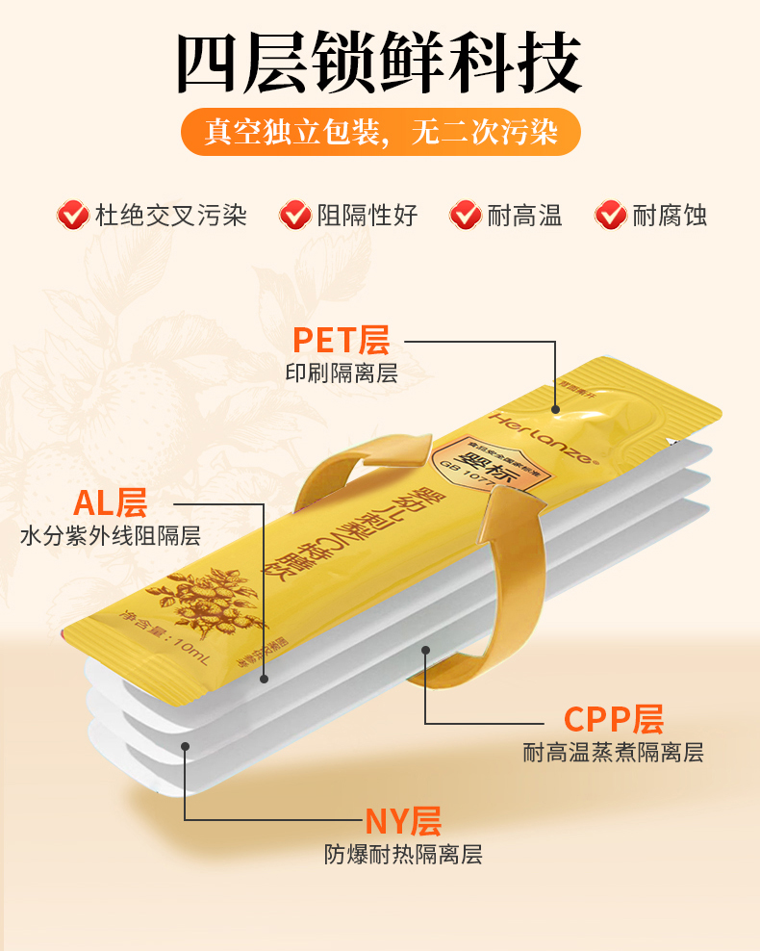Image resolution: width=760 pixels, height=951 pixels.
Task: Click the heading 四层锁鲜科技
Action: tap(380, 64)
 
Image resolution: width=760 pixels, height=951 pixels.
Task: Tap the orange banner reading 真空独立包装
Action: tap(380, 132)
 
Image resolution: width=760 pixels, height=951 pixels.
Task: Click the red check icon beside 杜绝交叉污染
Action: tap(72, 214)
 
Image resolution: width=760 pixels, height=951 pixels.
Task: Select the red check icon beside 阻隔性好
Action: tap(295, 214)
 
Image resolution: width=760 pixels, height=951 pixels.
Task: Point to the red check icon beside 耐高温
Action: tap(465, 214)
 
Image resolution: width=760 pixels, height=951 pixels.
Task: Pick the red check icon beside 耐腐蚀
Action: tap(611, 214)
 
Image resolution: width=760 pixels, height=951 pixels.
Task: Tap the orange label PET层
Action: tap(341, 340)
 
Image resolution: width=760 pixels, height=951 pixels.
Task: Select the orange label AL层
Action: tap(110, 502)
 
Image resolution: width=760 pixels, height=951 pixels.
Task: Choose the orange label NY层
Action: tap(402, 821)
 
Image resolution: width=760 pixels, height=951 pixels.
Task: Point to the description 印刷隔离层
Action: tap(341, 373)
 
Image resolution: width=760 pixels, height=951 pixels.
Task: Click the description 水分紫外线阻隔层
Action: tap(111, 536)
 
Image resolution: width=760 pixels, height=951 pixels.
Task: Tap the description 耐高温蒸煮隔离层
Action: tap(614, 753)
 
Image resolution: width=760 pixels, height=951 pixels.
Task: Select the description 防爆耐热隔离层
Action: tap(403, 854)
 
